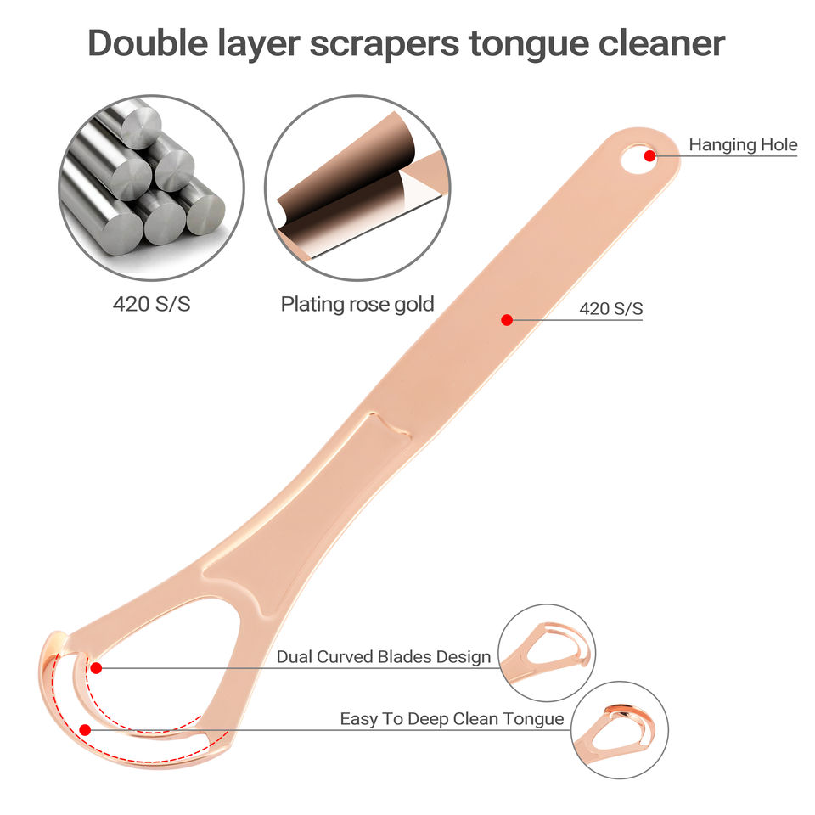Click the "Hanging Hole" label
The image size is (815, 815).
pyautogui.click(x=743, y=144)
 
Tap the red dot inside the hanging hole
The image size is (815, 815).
pyautogui.click(x=649, y=155)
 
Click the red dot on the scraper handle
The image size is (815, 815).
pyautogui.click(x=506, y=320)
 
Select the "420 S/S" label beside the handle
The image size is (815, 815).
pyautogui.click(x=611, y=309)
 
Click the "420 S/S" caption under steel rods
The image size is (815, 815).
pyautogui.click(x=152, y=303)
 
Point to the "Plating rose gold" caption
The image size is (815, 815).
pyautogui.click(x=357, y=303)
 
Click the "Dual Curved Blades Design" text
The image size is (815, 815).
pyautogui.click(x=384, y=656)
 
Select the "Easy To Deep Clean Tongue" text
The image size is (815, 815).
pyautogui.click(x=452, y=719)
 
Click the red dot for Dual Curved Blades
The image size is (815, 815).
pyautogui.click(x=96, y=667)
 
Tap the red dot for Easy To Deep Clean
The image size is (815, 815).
pyautogui.click(x=84, y=729)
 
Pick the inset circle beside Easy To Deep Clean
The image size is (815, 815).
pyautogui.click(x=619, y=730)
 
